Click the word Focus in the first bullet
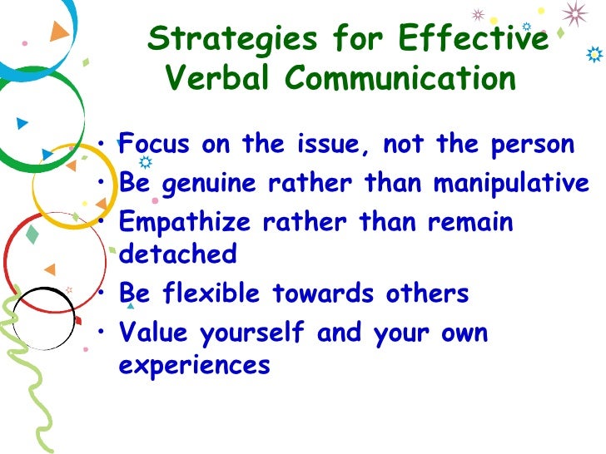click(x=155, y=144)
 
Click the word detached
click(x=178, y=254)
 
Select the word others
click(x=434, y=294)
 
